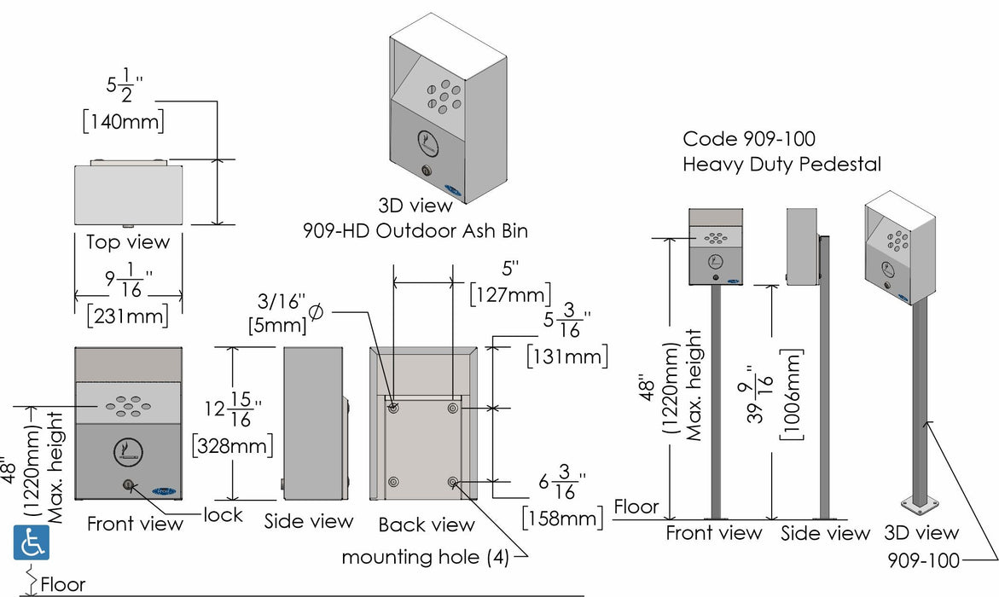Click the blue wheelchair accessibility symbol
click(31, 542)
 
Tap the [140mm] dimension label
click(124, 122)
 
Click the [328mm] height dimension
click(233, 444)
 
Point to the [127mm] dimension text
click(509, 295)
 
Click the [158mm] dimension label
click(562, 517)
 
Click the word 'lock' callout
click(223, 514)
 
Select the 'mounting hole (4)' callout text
click(425, 557)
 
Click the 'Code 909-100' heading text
click(749, 139)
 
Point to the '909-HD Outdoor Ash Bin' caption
click(415, 229)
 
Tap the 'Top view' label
click(128, 241)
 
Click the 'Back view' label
click(427, 524)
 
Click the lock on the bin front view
click(128, 486)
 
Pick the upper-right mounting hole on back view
click(453, 409)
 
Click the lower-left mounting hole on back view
click(392, 483)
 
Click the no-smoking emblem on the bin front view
click(128, 452)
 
